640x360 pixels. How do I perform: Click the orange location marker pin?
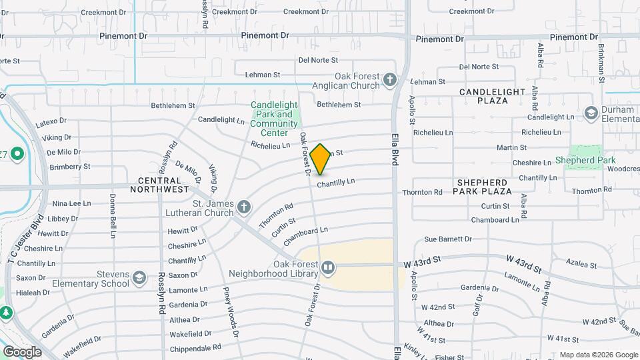click(321, 159)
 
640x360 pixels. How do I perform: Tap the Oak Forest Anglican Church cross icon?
click(390, 81)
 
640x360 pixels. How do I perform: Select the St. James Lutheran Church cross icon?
click(243, 207)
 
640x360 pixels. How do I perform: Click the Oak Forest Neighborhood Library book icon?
click(328, 268)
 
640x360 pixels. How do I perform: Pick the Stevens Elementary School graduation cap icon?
click(139, 277)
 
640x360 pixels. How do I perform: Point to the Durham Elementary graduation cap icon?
click(590, 113)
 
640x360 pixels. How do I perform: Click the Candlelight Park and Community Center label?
click(274, 114)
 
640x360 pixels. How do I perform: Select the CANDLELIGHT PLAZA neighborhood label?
click(492, 95)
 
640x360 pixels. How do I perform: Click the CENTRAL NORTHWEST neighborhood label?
click(164, 185)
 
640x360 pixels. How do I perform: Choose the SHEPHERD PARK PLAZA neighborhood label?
click(484, 186)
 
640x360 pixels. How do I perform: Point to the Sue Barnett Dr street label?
click(447, 239)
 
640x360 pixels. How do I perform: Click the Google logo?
click(22, 351)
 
